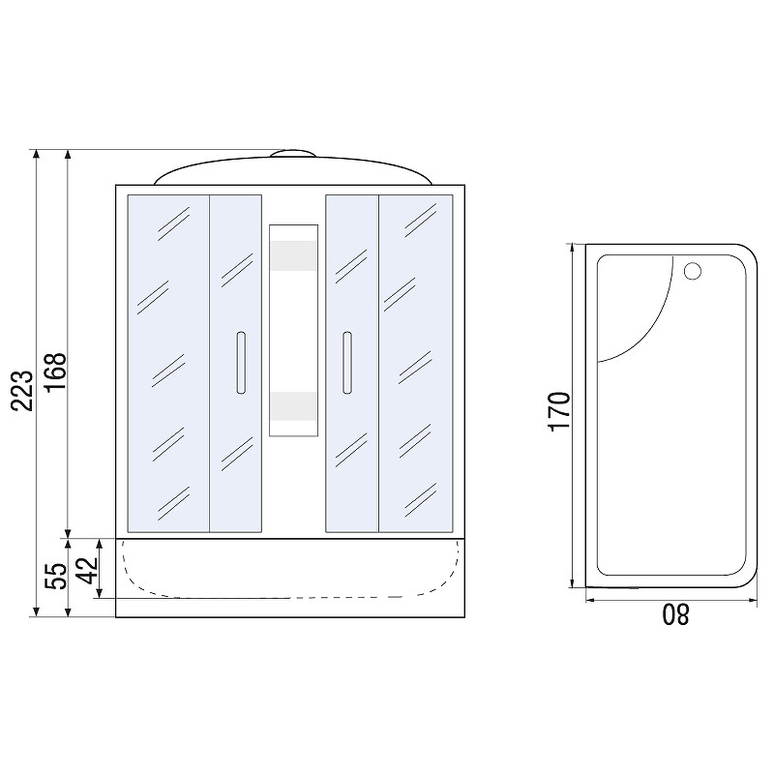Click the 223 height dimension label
coord(22,391)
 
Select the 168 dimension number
coord(55,372)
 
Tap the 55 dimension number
coord(55,576)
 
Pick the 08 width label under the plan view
coord(675,614)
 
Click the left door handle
coord(241,363)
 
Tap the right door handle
coord(347,363)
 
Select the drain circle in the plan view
coord(693,271)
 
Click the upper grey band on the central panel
coord(293,255)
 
